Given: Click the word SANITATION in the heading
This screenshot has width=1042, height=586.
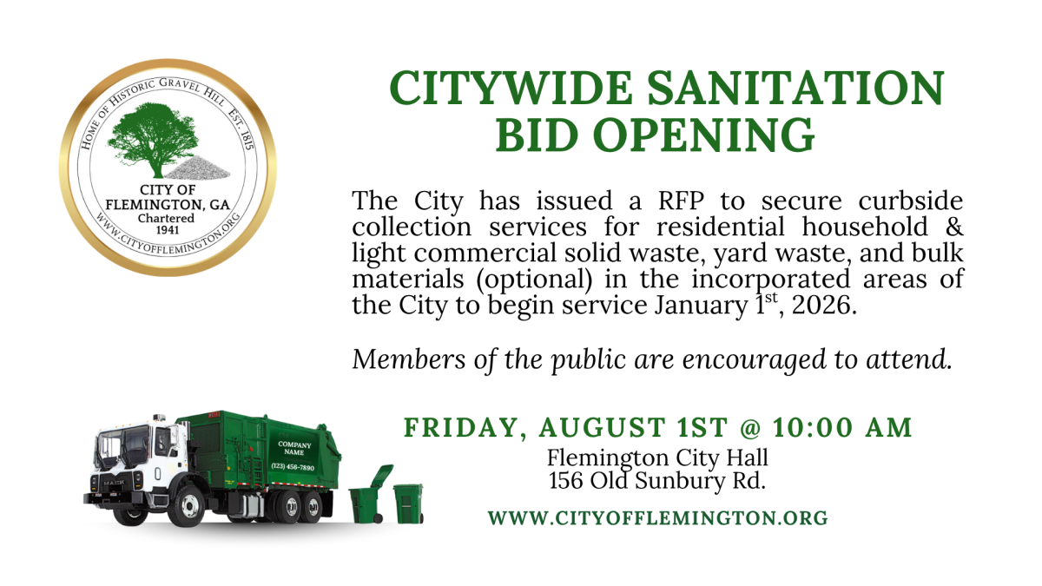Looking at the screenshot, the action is tap(795, 88).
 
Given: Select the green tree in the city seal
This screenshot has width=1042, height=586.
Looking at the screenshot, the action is tap(154, 140).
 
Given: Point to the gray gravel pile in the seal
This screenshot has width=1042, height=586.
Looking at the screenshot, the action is tap(197, 168).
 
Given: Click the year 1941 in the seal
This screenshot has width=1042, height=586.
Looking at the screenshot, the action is tap(168, 230).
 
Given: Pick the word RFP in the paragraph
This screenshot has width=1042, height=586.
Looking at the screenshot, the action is tap(681, 201).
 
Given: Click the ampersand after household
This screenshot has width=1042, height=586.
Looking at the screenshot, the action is tap(954, 227).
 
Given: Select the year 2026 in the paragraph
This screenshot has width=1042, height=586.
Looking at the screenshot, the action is tap(821, 305).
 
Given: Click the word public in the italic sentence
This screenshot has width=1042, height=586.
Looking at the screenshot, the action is tap(589, 361).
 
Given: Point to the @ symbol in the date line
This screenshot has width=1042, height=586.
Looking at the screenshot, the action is tap(749, 428).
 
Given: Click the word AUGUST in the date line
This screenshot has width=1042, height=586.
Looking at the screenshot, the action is tap(603, 427).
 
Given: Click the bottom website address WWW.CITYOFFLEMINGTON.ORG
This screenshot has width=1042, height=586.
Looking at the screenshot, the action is tap(658, 518).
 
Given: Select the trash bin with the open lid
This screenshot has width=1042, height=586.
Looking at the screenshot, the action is tap(370, 495).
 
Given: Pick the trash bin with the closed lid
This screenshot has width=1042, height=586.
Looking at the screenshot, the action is tap(408, 504).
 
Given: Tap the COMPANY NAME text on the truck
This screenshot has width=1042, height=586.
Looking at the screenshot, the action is tap(294, 448).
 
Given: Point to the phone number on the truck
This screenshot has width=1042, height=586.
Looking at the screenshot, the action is tap(293, 466).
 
